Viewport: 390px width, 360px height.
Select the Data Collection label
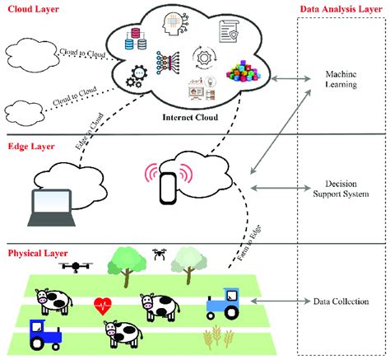coord(339,302)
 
